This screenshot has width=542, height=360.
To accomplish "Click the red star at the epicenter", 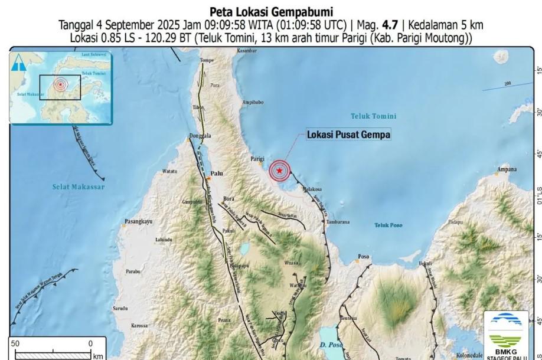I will coord(279,171).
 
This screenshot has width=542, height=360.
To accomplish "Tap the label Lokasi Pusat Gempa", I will coord(348,135).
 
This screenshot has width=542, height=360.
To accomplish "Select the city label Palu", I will coord(217,175).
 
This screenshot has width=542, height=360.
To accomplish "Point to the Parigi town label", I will coord(256,159).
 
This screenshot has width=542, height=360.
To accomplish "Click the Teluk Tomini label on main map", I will coord(373,116).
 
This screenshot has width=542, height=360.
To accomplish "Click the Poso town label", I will coord(364,257).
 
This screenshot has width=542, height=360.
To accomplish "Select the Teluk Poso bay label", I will coord(388,225).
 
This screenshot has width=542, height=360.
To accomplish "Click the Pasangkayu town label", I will coord(139,222).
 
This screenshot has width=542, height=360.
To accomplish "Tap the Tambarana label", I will coord(339,222).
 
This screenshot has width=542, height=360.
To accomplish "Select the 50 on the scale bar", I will coord(15,343).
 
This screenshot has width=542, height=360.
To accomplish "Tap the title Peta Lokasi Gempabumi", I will coord(271,11).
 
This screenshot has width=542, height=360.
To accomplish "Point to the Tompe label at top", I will coord(207,61).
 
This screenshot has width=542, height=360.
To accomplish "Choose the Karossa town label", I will coord(139,325).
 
